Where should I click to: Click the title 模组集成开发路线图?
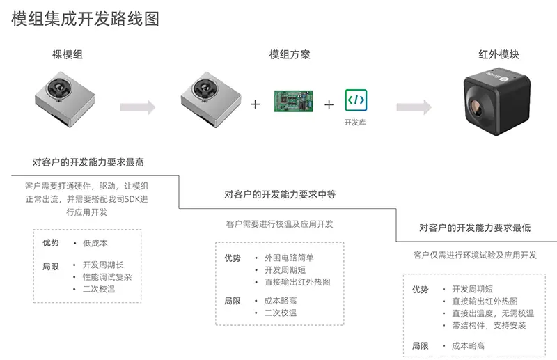point(86,19)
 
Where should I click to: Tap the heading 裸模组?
point(68,54)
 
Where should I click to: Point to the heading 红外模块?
point(499,54)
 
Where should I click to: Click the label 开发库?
point(355,122)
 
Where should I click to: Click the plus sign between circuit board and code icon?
point(329,104)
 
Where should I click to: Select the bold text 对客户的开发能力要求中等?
point(280,195)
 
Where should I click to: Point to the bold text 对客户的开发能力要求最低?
point(475,228)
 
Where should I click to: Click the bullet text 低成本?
point(95,243)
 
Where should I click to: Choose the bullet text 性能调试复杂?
point(107,276)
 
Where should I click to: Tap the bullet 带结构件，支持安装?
point(489,325)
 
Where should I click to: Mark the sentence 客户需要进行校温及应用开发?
point(279,224)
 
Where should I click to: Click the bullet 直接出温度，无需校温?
point(493,313)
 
